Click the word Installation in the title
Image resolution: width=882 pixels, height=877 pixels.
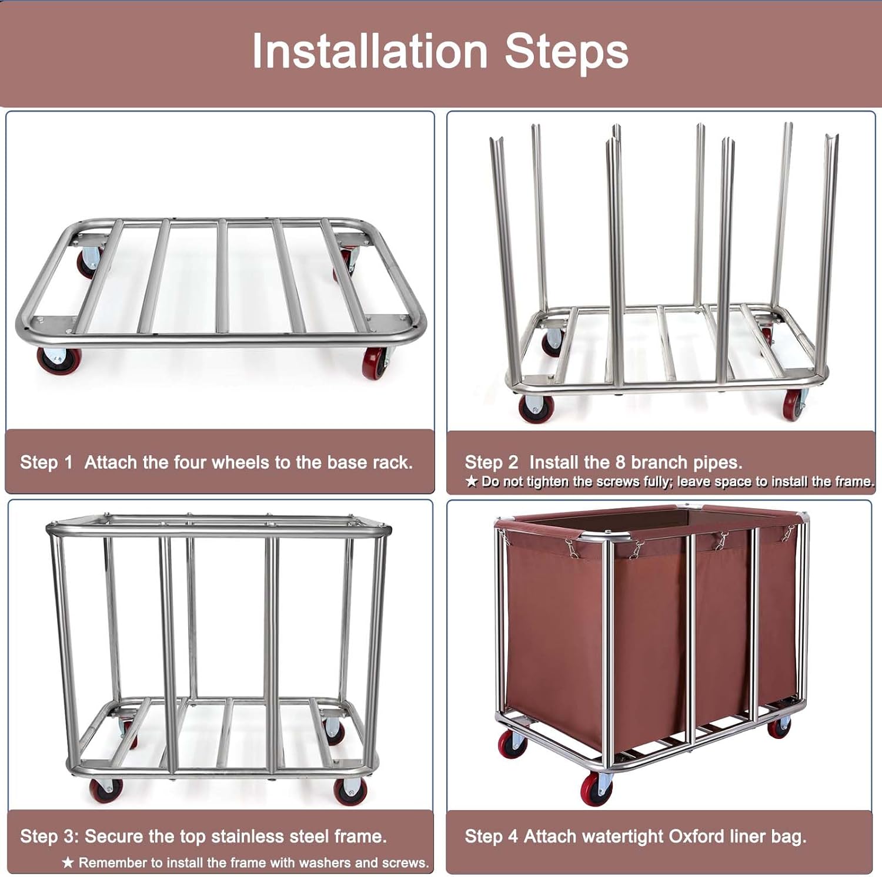click(370, 51)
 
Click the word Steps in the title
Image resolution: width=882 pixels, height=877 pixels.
click(567, 52)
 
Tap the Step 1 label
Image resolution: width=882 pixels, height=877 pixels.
click(46, 462)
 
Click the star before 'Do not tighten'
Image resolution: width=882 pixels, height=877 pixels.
click(472, 482)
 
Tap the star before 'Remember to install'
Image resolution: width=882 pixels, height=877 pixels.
click(68, 862)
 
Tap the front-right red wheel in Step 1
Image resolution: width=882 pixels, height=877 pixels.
click(375, 363)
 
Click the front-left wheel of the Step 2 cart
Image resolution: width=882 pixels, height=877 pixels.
click(536, 408)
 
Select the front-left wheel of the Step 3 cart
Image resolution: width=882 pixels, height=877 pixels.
click(106, 791)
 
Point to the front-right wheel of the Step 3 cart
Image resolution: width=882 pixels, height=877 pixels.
click(350, 791)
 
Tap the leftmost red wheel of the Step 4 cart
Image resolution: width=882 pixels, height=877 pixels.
click(512, 744)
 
